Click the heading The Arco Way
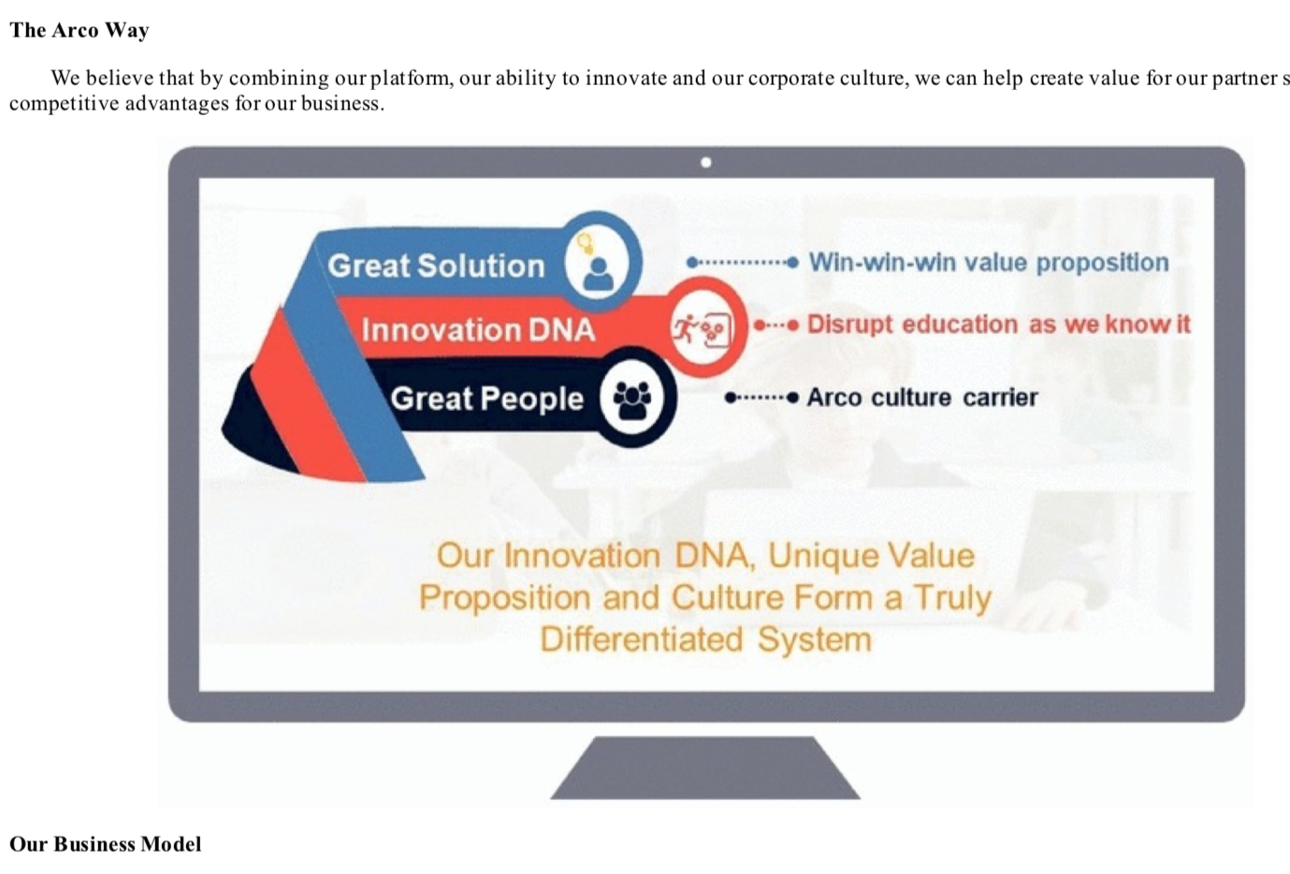point(80,30)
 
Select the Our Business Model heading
point(106,844)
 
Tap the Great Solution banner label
point(436,266)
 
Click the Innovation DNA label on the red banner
point(478,330)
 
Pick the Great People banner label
point(487,398)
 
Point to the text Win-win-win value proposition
point(989,263)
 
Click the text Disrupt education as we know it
point(998,325)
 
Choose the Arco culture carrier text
point(922,398)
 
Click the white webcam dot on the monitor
point(706,163)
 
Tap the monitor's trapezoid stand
point(705,767)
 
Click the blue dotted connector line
point(743,263)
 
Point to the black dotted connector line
point(761,398)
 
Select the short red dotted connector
point(776,326)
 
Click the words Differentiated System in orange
point(706,639)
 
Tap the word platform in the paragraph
point(411,78)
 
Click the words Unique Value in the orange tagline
point(871,556)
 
